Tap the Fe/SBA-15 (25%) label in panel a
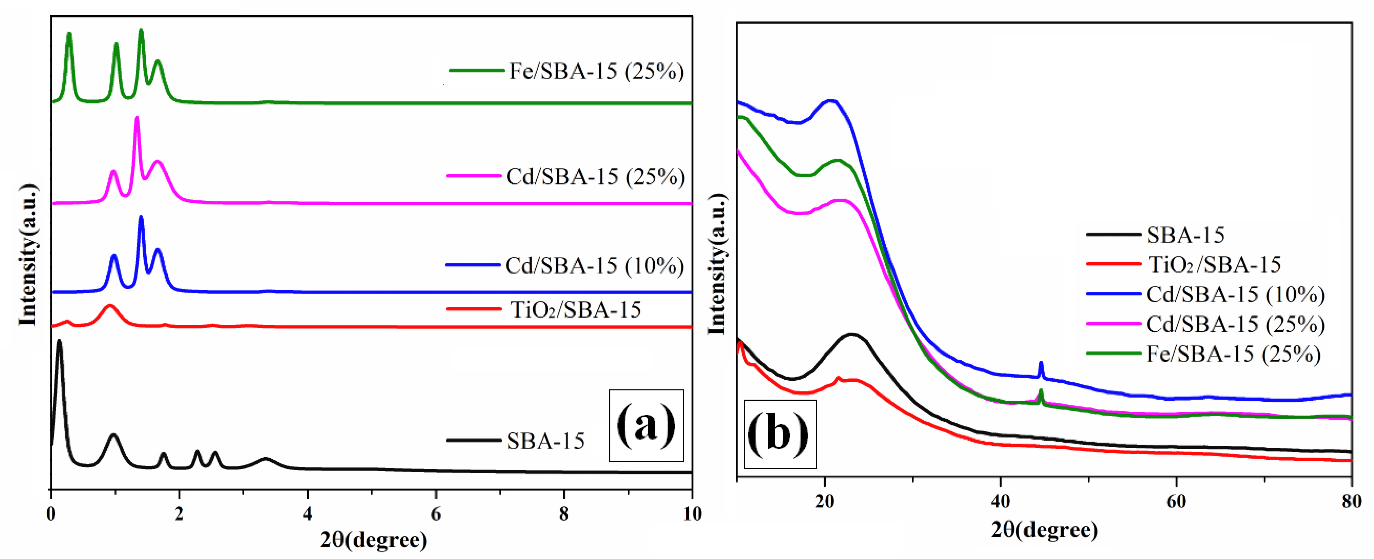pyautogui.click(x=596, y=71)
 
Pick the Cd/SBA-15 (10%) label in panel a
pyautogui.click(x=594, y=265)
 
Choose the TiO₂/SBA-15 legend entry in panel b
pyautogui.click(x=1213, y=264)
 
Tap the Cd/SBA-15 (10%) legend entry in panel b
pyautogui.click(x=1235, y=294)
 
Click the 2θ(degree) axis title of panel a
pyautogui.click(x=373, y=540)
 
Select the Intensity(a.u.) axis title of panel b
pyautogui.click(x=717, y=264)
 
